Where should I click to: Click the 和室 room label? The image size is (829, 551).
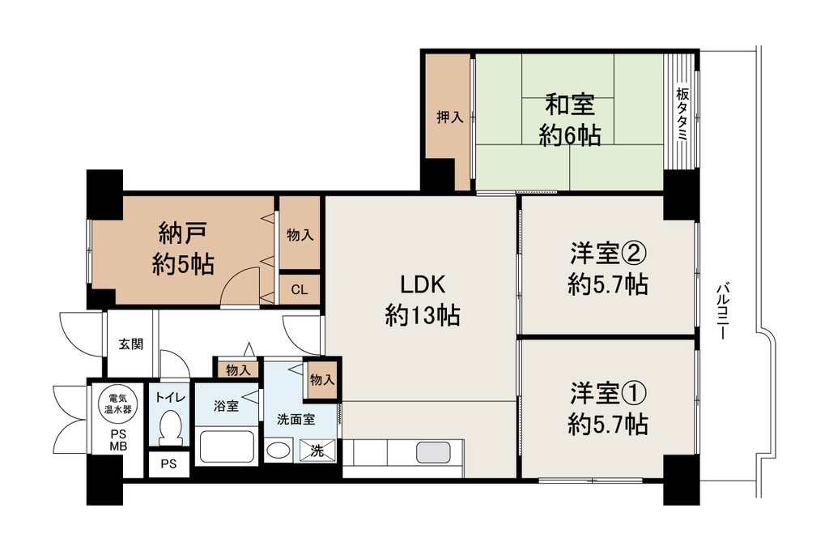coord(570,105)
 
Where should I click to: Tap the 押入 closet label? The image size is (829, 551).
coord(450,117)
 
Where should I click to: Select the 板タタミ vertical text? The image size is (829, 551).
coord(682,113)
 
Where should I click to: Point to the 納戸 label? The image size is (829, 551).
coord(182,233)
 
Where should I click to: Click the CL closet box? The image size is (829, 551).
coord(300,289)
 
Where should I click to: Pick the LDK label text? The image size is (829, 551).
coord(423,284)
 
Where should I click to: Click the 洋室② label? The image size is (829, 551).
coord(608,253)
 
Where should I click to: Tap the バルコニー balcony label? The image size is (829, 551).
coord(723,311)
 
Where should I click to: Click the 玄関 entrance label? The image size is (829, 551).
coord(130,344)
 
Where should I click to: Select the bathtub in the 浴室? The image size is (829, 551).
coord(227,447)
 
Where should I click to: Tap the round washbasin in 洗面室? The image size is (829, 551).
coord(278,451)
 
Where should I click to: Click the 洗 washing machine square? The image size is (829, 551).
coord(317,451)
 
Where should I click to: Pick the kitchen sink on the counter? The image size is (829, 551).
coord(434,453)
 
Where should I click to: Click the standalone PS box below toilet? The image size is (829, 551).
coord(168,464)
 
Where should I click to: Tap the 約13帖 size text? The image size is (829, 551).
coord(423,316)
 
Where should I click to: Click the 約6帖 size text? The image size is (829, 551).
coord(570,136)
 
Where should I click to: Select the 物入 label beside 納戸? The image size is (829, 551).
coord(300,235)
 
